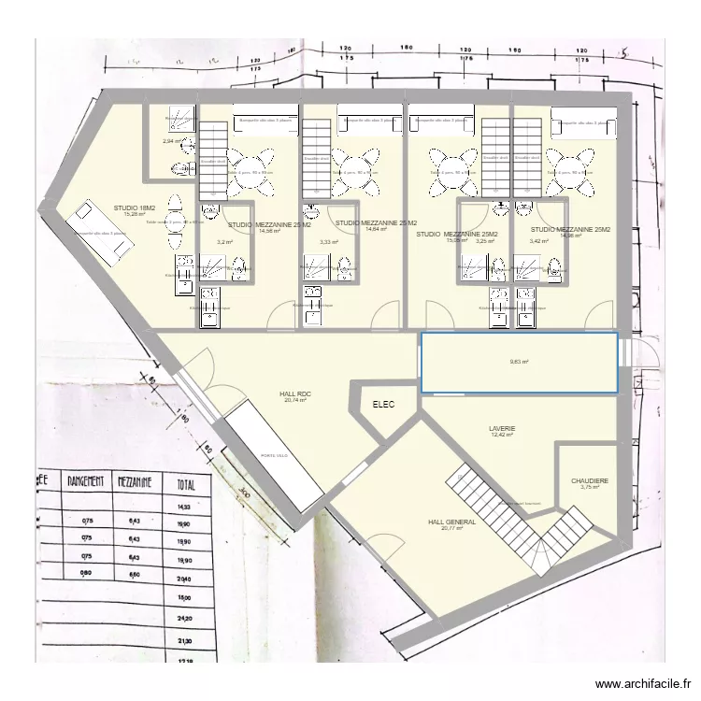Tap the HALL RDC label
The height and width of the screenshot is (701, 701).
(295, 394)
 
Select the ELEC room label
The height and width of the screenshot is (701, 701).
(383, 405)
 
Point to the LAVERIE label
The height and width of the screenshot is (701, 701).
(502, 429)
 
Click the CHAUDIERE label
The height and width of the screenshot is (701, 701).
(589, 481)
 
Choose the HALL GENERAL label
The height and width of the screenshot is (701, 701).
(451, 522)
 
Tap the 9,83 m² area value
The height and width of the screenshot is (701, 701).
(519, 363)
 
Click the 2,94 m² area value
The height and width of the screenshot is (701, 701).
(171, 141)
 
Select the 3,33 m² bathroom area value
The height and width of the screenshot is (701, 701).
(328, 242)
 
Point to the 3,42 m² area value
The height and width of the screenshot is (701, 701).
(538, 241)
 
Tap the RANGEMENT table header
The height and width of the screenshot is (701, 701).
(86, 481)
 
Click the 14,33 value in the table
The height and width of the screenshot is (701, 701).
(181, 507)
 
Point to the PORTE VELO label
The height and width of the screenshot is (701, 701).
(274, 455)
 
